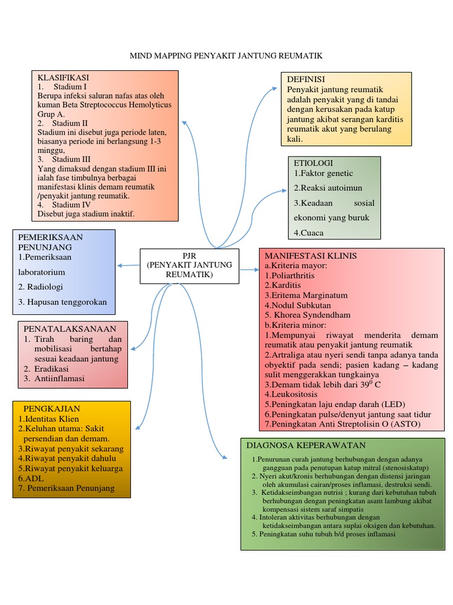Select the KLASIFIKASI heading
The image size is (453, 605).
pos(63,77)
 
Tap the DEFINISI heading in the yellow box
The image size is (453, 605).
pos(306,79)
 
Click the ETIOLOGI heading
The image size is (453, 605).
pos(313,162)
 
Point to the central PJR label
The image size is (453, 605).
pos(189,255)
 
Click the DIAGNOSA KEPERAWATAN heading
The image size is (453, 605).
pos(306,445)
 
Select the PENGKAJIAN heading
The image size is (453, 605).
pos(51,408)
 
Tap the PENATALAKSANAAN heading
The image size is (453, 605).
pos(70,328)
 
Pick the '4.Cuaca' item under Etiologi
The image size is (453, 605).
pos(308,232)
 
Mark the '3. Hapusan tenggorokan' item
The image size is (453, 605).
pos(63,302)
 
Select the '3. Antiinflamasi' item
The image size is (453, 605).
pos(54,378)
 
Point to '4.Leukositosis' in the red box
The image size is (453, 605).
pos(291,394)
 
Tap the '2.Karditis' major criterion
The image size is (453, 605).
pos(283,285)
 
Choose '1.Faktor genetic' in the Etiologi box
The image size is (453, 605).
pos(323,173)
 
